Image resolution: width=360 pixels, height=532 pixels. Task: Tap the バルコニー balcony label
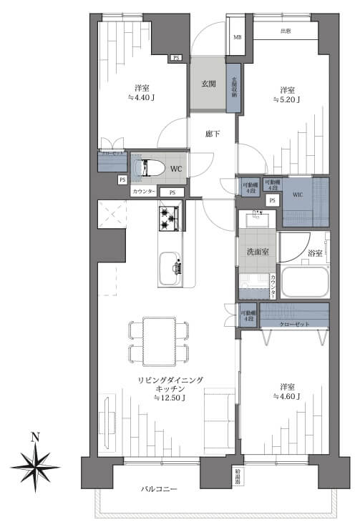[x=158, y=489]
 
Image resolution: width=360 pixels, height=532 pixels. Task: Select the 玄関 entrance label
[x=209, y=84]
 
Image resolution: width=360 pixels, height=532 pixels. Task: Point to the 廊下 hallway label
[x=213, y=134]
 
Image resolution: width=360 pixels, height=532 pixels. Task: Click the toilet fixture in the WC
[x=151, y=167]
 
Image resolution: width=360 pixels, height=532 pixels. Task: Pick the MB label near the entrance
[x=238, y=37]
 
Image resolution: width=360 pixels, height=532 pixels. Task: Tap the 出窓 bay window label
[x=286, y=32]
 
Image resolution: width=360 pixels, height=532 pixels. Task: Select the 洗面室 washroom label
[x=256, y=252]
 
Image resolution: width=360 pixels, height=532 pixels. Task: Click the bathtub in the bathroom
[x=304, y=282]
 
